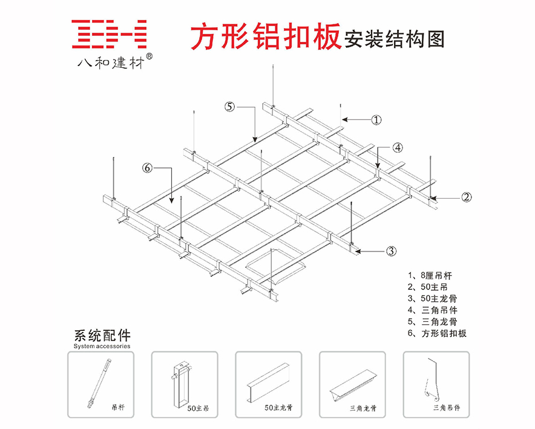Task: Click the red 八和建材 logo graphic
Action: click(x=110, y=35)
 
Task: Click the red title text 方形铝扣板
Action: click(x=264, y=38)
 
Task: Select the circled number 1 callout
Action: click(x=376, y=120)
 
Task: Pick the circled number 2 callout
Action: click(x=467, y=196)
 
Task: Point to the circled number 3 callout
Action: click(x=392, y=250)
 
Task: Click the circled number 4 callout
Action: click(x=397, y=147)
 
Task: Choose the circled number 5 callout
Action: click(x=229, y=107)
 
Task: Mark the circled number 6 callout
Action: click(x=147, y=168)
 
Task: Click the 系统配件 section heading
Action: click(x=102, y=335)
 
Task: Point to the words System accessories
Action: click(x=102, y=346)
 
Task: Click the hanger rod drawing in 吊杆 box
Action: click(x=99, y=384)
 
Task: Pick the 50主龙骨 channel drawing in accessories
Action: click(x=267, y=381)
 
